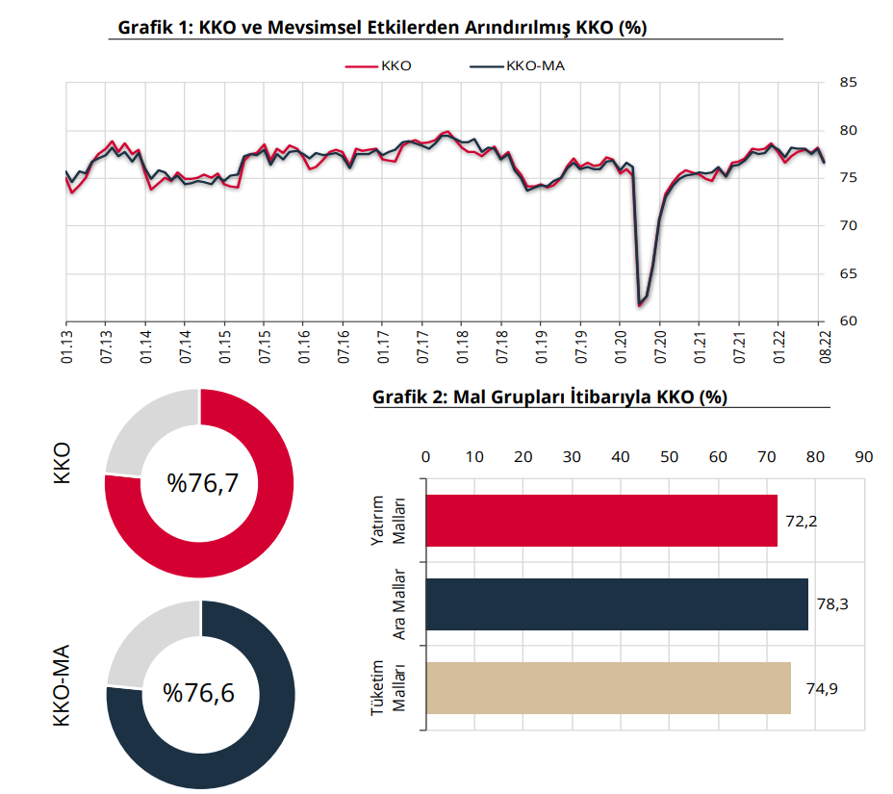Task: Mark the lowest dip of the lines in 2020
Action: tap(639, 305)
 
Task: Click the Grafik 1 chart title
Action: tap(382, 28)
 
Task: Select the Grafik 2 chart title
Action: tap(549, 397)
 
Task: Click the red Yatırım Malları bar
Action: tap(600, 521)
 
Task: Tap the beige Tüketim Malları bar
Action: tap(607, 688)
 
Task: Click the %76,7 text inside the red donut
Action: tap(201, 483)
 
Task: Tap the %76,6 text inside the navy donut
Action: tap(199, 693)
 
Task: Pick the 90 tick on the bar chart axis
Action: tap(864, 456)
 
